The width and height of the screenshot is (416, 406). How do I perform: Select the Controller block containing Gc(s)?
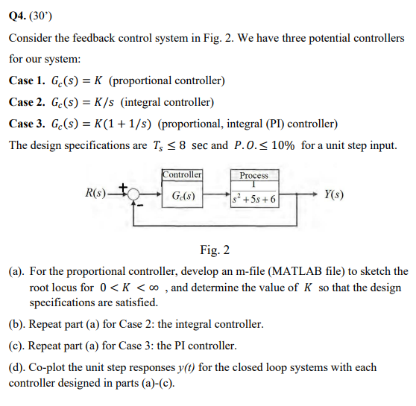(183, 194)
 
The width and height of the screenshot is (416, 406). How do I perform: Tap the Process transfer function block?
(253, 196)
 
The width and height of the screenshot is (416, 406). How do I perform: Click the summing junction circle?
(134, 194)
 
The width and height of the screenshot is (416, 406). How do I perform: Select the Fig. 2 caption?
(215, 249)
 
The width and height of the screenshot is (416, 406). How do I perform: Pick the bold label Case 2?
(27, 102)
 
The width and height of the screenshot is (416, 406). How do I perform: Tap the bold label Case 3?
(27, 123)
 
